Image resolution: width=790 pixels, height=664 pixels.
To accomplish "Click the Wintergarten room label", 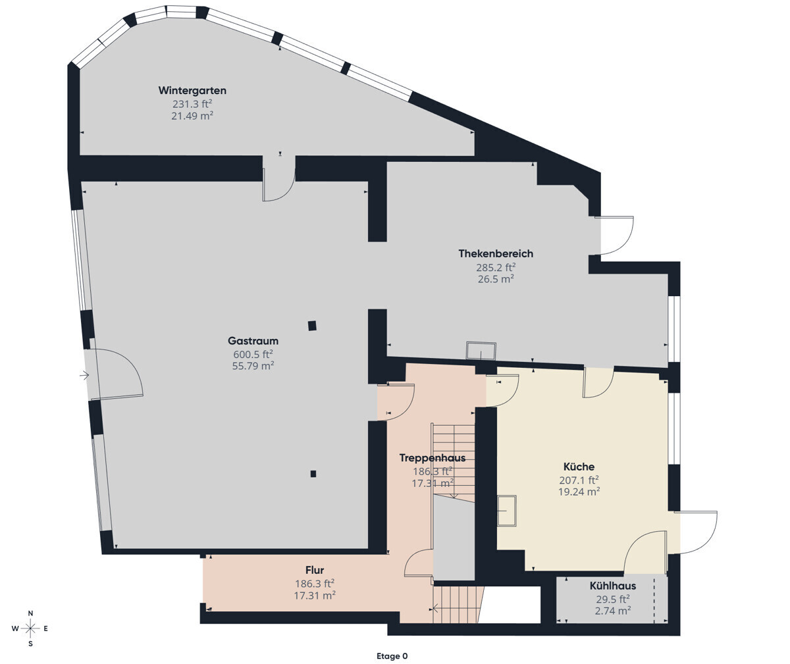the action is [x=192, y=91].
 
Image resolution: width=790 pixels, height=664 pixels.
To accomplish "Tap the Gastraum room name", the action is [x=253, y=341].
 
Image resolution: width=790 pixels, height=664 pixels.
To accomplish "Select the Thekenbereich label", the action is [x=496, y=253].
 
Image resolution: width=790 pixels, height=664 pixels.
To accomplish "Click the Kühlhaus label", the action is [x=612, y=586].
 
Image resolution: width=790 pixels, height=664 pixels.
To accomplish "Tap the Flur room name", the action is [x=315, y=570].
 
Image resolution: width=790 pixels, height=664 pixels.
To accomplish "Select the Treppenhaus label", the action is [x=433, y=458].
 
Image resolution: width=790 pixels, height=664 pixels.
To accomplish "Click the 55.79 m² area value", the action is [x=253, y=366].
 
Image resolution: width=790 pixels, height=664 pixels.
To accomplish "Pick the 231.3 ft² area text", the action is [x=192, y=103].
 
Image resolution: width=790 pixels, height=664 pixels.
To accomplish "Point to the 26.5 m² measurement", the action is [x=496, y=278].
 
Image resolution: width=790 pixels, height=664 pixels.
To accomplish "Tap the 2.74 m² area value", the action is [x=612, y=610].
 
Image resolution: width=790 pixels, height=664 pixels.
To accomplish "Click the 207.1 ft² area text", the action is [x=579, y=480].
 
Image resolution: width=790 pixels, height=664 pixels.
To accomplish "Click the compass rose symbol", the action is [x=31, y=628].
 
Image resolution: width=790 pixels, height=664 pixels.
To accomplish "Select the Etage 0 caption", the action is [x=392, y=656].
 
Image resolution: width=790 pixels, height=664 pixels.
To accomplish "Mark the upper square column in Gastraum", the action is [x=312, y=326].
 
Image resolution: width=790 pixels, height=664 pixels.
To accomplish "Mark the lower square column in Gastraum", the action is [x=313, y=473].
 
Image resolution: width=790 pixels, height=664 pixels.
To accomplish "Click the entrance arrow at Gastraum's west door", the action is [x=84, y=376].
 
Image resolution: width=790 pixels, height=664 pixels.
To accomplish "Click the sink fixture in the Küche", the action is [x=507, y=511].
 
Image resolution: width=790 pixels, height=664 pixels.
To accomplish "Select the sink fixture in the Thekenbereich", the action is [x=481, y=351].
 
